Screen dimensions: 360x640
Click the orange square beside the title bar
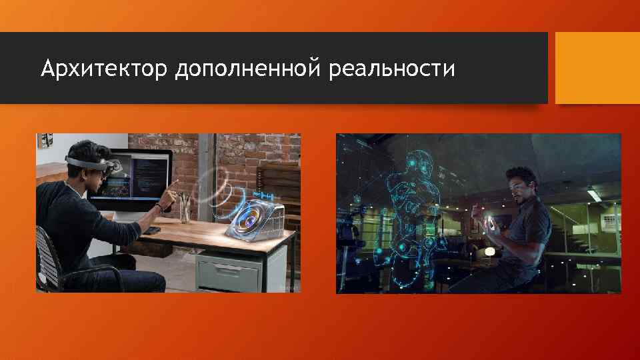(597, 68)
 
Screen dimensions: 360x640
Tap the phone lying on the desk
(152, 230)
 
